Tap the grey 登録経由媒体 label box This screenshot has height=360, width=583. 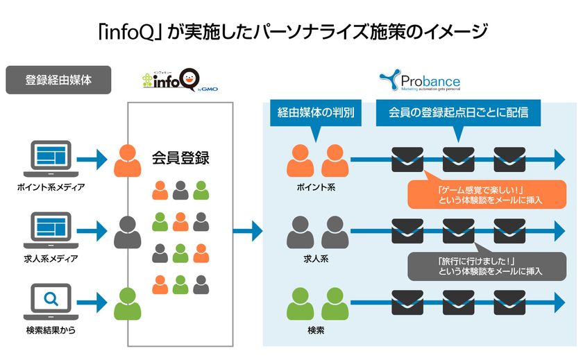[58, 80]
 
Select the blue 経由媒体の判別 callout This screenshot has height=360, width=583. [316, 113]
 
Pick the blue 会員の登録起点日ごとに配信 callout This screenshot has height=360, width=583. [459, 113]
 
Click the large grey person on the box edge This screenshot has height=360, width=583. [127, 232]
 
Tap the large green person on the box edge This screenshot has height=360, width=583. [127, 302]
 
